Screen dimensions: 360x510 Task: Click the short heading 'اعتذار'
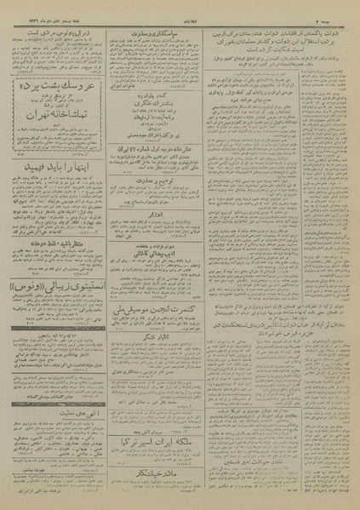click(157, 217)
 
